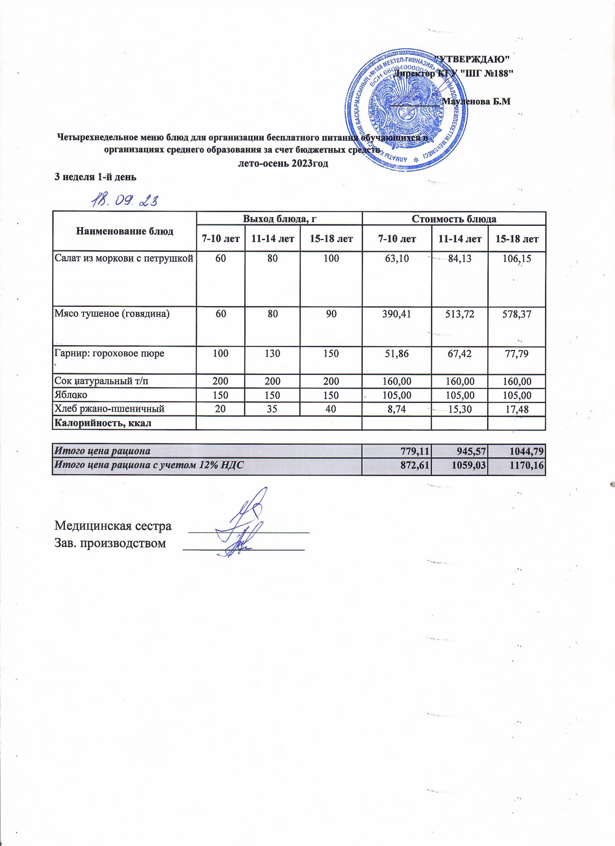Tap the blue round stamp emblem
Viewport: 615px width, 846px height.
pos(406,111)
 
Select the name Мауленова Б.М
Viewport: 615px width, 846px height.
pos(475,101)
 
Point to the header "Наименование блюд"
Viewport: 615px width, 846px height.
pos(124,231)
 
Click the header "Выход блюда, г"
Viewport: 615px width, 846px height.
pos(279,219)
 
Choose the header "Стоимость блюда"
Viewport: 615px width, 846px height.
pos(454,219)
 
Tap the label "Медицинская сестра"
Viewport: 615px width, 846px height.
pos(113,526)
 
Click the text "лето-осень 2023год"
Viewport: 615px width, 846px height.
pos(284,164)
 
